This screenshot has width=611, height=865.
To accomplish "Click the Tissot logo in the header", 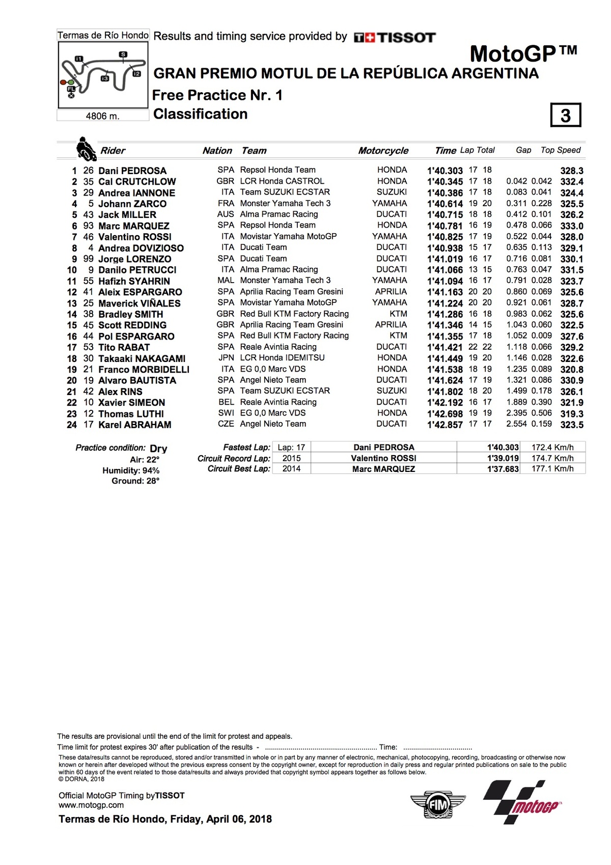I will [x=395, y=37].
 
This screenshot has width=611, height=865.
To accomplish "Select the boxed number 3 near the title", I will [x=565, y=116].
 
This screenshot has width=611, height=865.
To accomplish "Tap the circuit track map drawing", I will [x=103, y=75].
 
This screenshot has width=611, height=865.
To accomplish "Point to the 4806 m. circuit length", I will [x=102, y=116].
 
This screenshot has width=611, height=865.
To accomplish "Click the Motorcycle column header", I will [x=383, y=151].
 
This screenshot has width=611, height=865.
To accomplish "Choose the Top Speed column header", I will [x=560, y=150].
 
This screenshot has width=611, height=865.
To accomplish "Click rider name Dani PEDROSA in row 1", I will [x=132, y=171].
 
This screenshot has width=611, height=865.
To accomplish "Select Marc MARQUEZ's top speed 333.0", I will [x=571, y=226].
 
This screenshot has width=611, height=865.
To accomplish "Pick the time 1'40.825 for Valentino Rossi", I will [x=445, y=237].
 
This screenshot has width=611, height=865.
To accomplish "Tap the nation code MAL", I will [x=226, y=281].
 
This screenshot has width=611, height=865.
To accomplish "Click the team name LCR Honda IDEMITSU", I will [x=282, y=358].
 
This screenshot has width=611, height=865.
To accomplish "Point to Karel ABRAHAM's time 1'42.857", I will [x=445, y=425].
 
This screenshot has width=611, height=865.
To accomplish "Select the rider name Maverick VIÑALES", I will [x=139, y=303].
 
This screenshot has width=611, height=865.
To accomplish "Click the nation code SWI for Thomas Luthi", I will [x=226, y=413].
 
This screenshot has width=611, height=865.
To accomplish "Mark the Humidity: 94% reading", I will [x=131, y=471].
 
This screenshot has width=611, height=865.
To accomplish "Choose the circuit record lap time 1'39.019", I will [x=503, y=458].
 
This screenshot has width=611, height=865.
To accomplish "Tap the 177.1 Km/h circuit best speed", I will [x=552, y=469].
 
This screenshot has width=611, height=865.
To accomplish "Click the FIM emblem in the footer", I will [x=437, y=805].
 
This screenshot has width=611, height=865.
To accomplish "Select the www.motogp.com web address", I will [x=91, y=805].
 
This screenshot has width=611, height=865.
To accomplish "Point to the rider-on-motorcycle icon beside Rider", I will [x=86, y=149].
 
